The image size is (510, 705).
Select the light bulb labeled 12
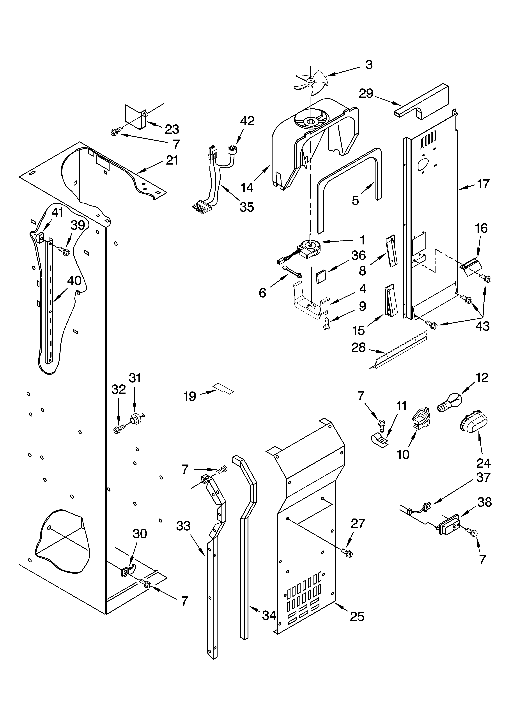coord(449,403)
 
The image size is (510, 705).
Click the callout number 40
coord(74,281)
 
